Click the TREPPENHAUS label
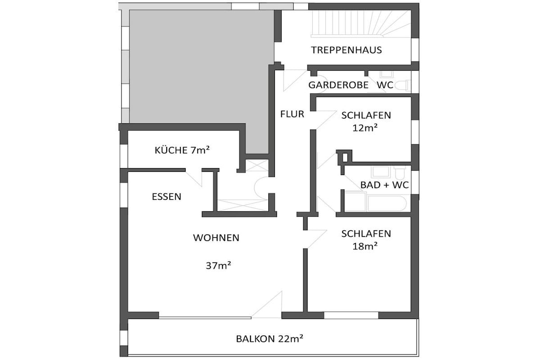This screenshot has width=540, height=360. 346,50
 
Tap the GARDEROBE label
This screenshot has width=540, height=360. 338,85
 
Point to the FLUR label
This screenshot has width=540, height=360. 292,114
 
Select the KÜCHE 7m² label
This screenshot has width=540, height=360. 182,150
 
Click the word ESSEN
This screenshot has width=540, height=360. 166,197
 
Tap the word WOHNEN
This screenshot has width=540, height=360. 216,238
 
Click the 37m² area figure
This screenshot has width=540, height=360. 218,265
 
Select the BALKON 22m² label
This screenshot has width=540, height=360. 269,339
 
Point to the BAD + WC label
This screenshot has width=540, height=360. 384,185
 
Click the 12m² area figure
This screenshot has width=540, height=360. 365,128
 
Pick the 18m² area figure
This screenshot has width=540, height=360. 365,246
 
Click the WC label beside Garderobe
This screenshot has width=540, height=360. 384,85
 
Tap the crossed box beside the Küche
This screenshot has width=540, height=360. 257,165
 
